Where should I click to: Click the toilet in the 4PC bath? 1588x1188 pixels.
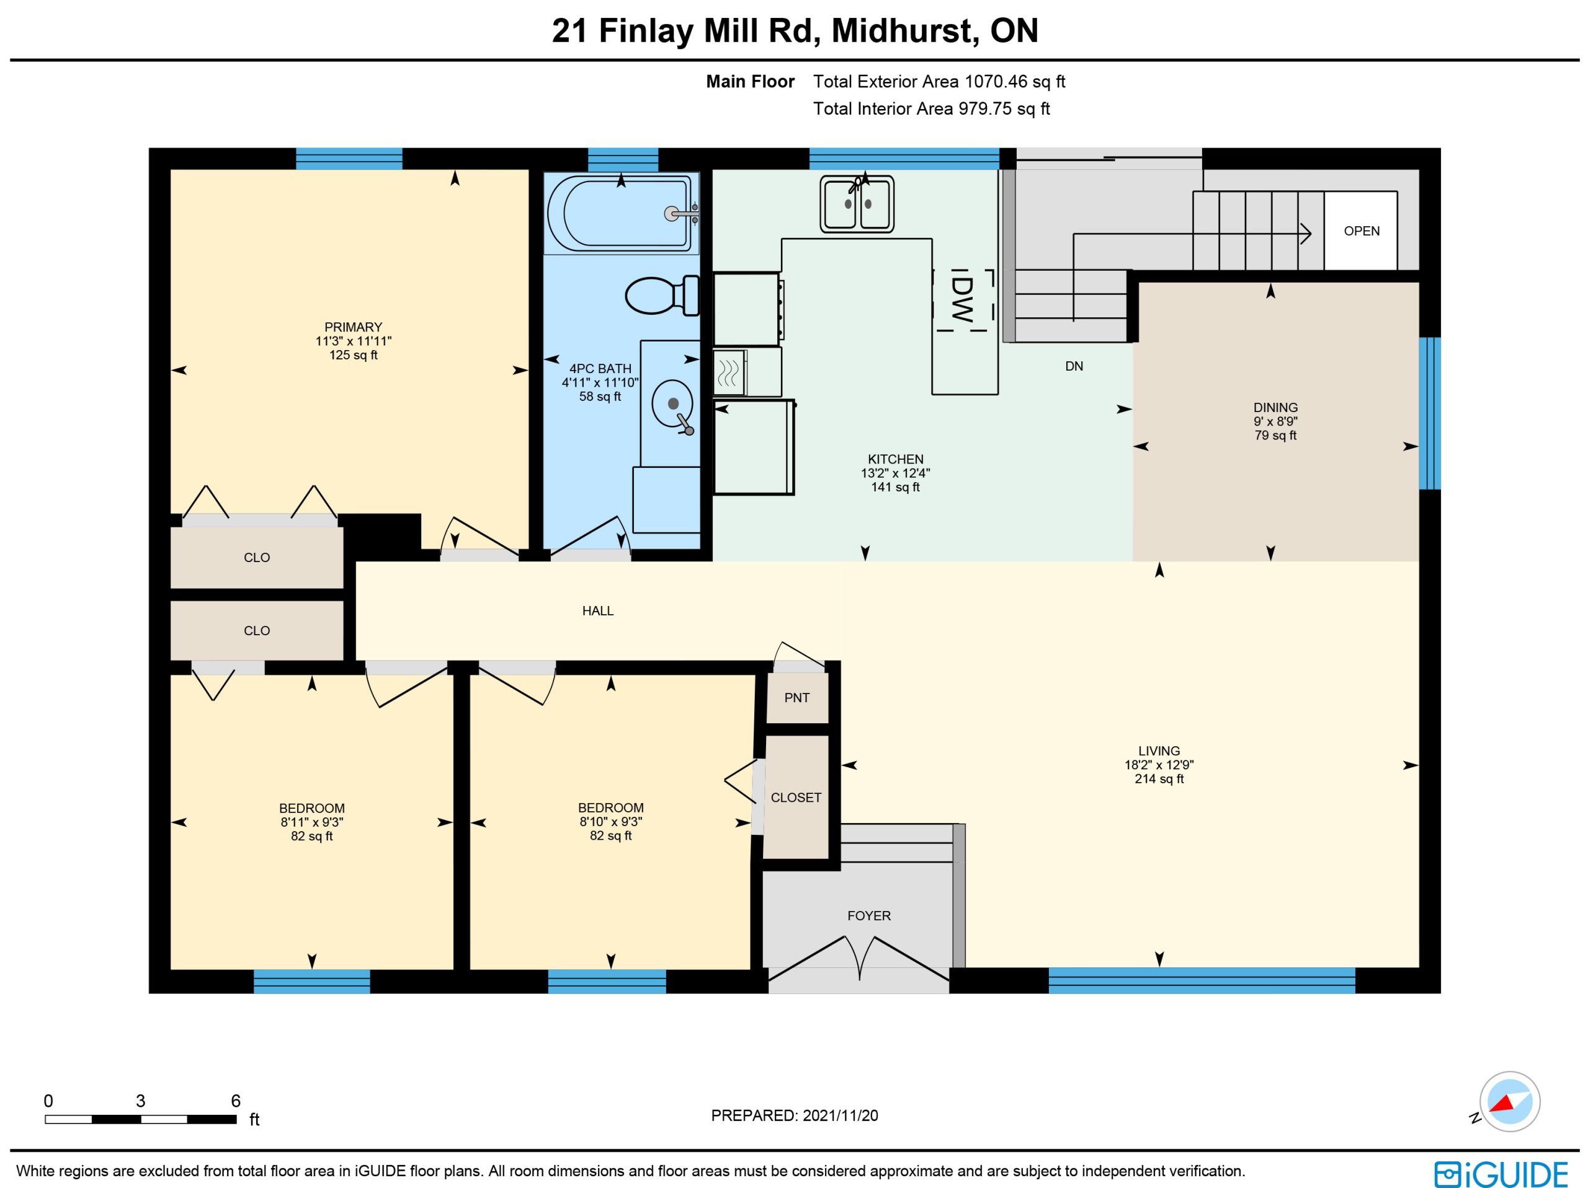662,295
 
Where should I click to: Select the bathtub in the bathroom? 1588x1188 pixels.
621,213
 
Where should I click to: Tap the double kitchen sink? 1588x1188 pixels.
857,205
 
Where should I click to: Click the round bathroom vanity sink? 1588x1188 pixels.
672,404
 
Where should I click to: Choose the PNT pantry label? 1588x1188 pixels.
797,697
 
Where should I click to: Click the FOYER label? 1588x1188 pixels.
868,915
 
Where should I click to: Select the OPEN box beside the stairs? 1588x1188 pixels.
1361,231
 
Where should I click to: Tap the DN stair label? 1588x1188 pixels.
1074,366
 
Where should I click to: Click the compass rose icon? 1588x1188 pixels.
1509,1101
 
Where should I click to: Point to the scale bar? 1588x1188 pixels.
141,1119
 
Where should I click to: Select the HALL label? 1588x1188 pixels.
598,610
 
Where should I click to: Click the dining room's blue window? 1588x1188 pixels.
1429,413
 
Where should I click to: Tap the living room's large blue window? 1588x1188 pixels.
1202,980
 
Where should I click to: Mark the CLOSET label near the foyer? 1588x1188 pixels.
796,797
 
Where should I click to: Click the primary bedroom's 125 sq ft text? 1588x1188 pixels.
353,354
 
